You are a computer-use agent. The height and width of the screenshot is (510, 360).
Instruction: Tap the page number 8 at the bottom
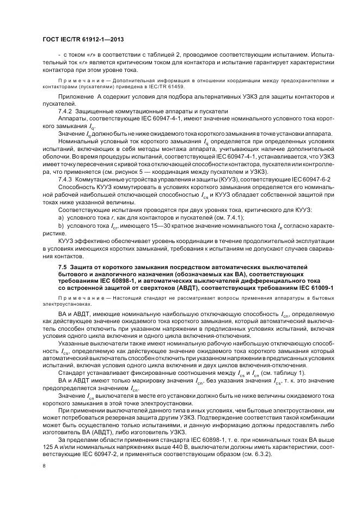(x=44, y=466)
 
